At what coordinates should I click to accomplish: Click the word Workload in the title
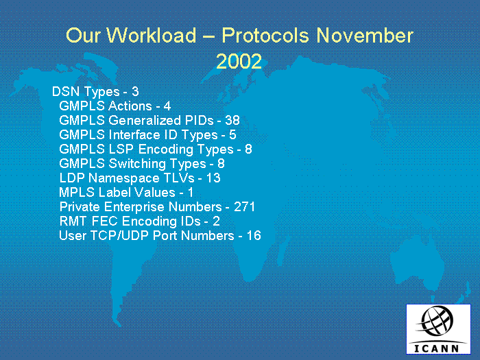(152, 35)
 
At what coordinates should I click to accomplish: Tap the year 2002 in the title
(239, 61)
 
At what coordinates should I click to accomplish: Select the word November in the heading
(365, 35)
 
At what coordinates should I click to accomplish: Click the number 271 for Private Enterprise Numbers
(244, 206)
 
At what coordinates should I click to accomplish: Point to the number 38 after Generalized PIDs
(232, 120)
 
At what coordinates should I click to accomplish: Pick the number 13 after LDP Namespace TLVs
(213, 178)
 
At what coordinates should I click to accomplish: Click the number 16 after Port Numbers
(254, 235)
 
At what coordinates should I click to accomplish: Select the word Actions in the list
(130, 106)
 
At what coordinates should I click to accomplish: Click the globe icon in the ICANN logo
(436, 321)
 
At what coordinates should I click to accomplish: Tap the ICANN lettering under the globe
(437, 348)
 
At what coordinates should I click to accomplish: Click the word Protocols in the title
(265, 35)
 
